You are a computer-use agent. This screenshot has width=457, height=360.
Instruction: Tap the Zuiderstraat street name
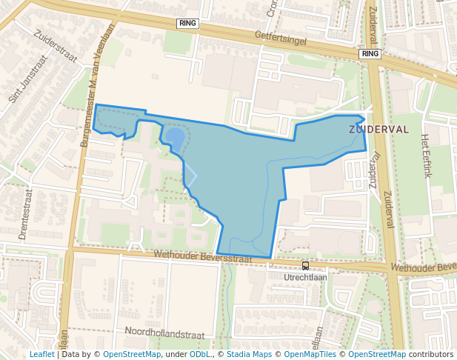[x=45, y=44]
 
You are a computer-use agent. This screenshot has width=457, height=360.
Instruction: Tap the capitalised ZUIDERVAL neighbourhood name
[x=378, y=129]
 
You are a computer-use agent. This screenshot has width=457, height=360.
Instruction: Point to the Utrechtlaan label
[x=305, y=277]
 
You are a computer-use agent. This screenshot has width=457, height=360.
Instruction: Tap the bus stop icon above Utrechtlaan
[x=305, y=266]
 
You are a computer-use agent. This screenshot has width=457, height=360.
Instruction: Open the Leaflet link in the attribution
[x=41, y=354]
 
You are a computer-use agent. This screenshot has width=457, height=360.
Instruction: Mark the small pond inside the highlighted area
[x=175, y=138]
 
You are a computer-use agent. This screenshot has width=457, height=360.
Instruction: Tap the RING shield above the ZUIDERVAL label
[x=370, y=54]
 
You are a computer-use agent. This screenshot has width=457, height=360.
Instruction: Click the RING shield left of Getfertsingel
[x=188, y=24]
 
